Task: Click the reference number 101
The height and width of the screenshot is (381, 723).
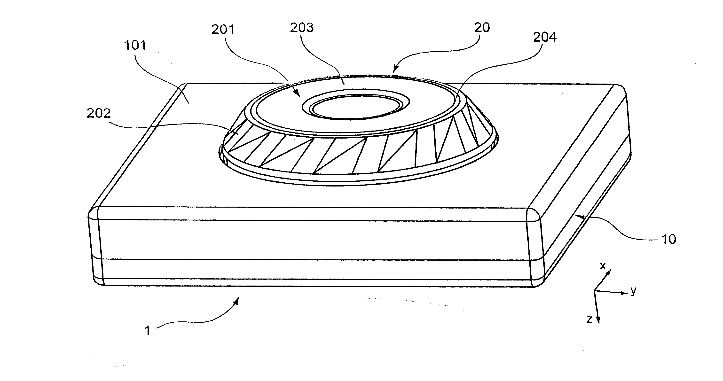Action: point(135,45)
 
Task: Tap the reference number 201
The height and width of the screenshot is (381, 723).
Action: point(223,30)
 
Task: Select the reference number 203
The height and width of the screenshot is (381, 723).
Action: point(302,28)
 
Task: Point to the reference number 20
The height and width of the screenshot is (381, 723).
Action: point(482,28)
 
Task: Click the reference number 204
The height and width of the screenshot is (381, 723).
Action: point(545,37)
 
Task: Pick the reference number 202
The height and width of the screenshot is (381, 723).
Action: point(99,113)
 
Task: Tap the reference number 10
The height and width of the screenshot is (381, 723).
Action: point(668,240)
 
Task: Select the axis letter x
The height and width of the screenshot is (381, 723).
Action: point(603,266)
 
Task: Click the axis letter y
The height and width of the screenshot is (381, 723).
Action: point(633,291)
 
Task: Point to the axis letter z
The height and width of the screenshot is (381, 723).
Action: point(589,319)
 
